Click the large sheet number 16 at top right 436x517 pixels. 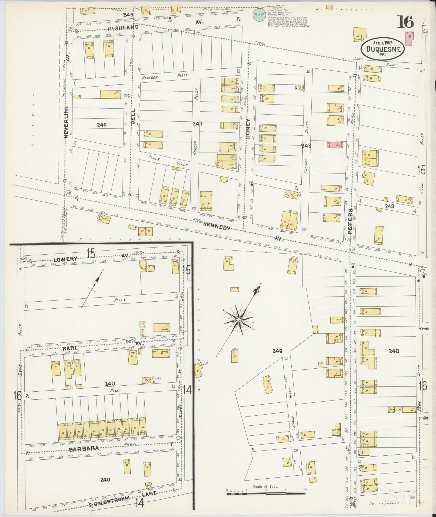click(405, 22)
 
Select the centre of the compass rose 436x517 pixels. click(239, 320)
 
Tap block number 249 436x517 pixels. click(277, 351)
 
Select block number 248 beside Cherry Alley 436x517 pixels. click(306, 146)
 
